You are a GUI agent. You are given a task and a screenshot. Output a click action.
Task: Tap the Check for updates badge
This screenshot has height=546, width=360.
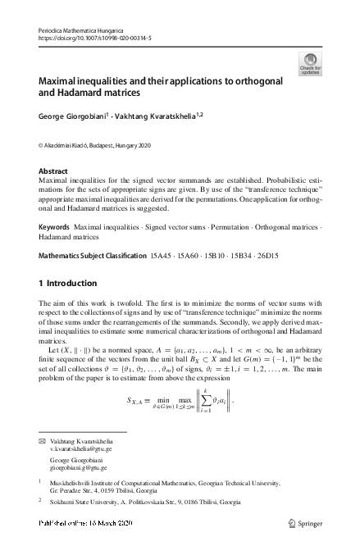311,65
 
